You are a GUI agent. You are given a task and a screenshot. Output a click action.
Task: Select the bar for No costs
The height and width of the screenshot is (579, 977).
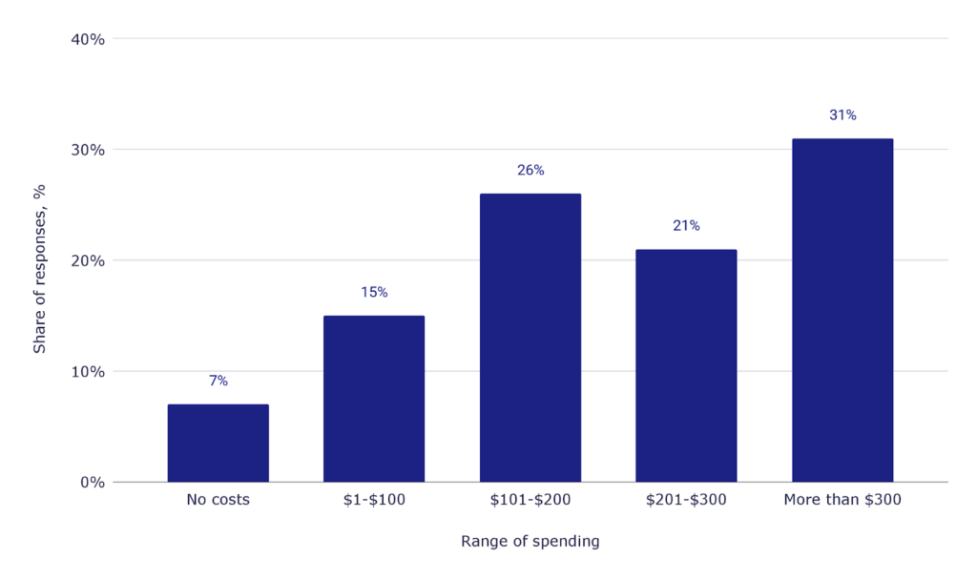pos(218,444)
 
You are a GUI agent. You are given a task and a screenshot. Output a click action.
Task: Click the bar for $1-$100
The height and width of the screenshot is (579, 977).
pos(374,399)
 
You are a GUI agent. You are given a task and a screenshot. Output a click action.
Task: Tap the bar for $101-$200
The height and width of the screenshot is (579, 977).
pos(530,338)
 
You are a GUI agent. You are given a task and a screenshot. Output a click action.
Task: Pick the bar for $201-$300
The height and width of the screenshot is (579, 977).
pos(686,365)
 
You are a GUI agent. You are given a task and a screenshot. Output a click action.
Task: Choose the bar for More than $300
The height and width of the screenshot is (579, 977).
pos(842,310)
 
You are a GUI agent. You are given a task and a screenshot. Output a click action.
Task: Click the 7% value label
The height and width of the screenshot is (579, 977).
pos(218,381)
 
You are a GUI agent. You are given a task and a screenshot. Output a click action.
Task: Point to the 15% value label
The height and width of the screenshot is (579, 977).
pos(374,292)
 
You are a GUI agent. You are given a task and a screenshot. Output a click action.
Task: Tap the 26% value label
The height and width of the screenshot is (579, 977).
pos(530,170)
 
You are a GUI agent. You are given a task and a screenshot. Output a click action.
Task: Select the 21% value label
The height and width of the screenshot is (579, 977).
pos(686,226)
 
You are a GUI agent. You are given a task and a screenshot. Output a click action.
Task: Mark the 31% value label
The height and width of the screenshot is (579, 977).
pos(842,115)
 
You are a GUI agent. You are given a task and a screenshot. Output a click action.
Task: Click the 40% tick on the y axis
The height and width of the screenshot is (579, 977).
pos(88,39)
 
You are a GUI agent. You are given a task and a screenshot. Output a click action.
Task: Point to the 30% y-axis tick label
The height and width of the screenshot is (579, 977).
pos(88,150)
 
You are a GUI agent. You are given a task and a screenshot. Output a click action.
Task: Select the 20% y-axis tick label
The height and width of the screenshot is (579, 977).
pos(88,260)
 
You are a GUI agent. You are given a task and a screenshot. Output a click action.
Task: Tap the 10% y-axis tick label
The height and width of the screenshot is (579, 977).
pos(88,371)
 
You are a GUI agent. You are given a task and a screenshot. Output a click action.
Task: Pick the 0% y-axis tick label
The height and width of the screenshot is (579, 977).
pos(92,482)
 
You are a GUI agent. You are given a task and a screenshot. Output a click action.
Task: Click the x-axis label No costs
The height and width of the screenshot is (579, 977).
pos(218,500)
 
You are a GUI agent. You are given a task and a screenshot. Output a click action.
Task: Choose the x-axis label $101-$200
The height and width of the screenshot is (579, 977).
pos(530,500)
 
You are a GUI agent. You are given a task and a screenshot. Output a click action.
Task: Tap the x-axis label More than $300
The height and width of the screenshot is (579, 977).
pos(842,500)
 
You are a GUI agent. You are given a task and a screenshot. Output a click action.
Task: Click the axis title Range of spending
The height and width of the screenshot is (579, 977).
pos(530,542)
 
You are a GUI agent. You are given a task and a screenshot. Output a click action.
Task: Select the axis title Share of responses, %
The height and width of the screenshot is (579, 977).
pos(40,269)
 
